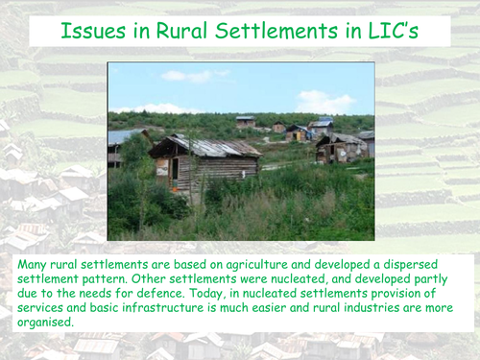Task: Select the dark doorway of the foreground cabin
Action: coord(176,170)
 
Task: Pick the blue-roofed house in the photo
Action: coord(321,124)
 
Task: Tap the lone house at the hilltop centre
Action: coord(246,121)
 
